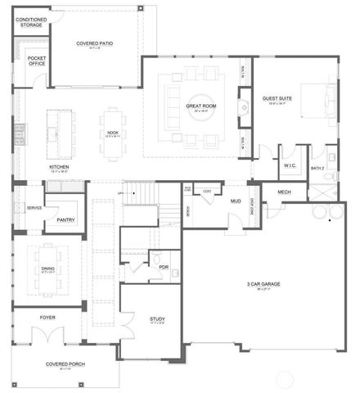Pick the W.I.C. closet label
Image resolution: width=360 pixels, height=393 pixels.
pyautogui.click(x=290, y=165)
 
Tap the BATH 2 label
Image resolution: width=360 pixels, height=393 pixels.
pyautogui.click(x=318, y=168)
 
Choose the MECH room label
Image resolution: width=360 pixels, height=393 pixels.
pyautogui.click(x=284, y=192)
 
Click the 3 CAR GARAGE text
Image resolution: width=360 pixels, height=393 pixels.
pyautogui.click(x=263, y=284)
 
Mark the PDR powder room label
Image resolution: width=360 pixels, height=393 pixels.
pyautogui.click(x=163, y=266)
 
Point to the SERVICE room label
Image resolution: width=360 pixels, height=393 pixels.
pyautogui.click(x=34, y=207)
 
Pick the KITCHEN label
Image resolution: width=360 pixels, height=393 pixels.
pyautogui.click(x=59, y=169)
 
